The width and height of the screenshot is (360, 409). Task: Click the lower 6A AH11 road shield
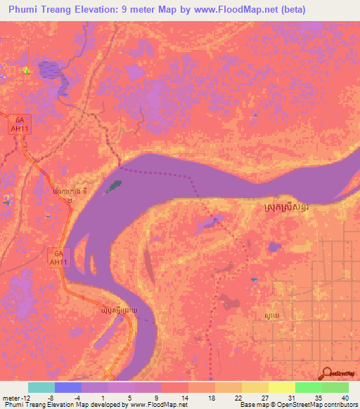click(x=59, y=256)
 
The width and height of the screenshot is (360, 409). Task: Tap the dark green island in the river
click(x=112, y=187)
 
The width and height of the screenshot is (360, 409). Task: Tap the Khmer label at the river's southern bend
click(x=124, y=309)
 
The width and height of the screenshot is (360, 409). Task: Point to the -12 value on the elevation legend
click(x=15, y=398)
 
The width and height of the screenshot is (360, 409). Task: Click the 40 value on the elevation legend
click(x=344, y=398)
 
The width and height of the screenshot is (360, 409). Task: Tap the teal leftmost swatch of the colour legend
click(x=41, y=387)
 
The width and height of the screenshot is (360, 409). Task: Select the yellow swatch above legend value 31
click(x=281, y=387)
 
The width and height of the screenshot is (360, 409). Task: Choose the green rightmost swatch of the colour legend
click(x=335, y=387)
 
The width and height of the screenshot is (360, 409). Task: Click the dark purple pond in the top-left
click(x=51, y=70)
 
